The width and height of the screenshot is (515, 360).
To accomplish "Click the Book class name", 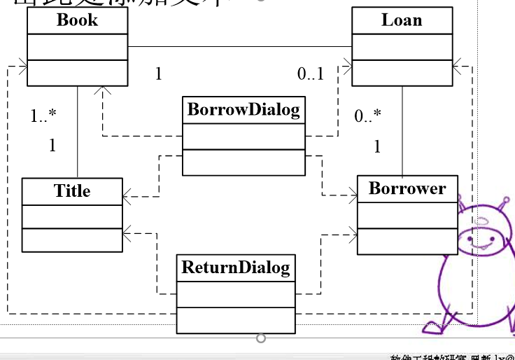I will coord(77,20).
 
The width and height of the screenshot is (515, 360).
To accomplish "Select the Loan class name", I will coord(402,20).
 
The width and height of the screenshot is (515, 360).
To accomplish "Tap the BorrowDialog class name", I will coord(244,109).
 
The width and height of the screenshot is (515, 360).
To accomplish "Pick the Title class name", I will coord(72,191).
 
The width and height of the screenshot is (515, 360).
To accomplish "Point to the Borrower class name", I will coord(407,188).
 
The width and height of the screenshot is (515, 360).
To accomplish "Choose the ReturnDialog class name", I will coord(235,267).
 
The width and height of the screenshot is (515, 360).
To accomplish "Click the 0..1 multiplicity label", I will coord(311,74).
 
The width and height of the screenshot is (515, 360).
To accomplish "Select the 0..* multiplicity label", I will coord(368,116).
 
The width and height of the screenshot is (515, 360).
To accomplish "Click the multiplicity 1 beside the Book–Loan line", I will coord(159,74).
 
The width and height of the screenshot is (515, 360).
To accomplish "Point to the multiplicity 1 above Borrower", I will coord(378,146).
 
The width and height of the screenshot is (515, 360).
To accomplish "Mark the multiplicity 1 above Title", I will coord(52,146).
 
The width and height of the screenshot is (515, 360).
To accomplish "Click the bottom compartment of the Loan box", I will coord(402,73).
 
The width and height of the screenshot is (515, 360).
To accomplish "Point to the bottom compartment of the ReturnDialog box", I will coord(235,320).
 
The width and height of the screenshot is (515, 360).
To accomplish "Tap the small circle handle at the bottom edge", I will coord(261,339).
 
